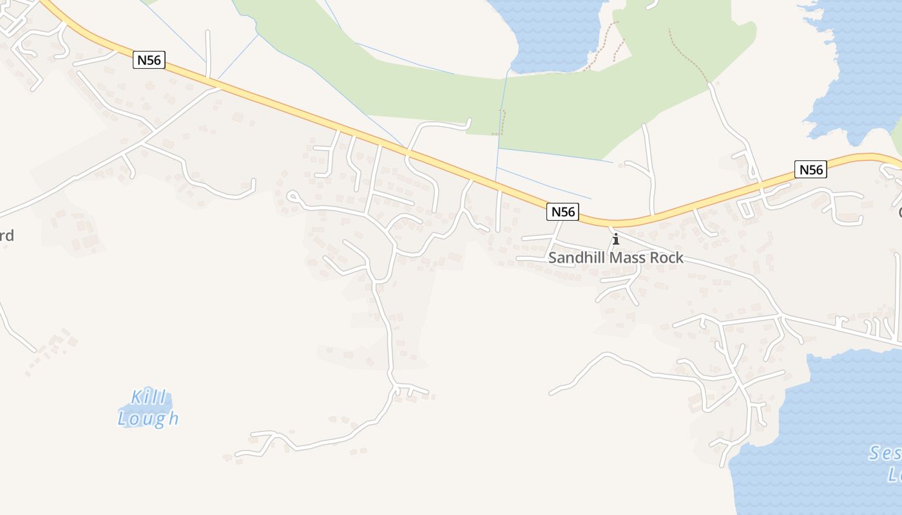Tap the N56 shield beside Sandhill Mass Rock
point(562,211)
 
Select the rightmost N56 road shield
point(811,169)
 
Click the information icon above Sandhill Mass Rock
point(616,239)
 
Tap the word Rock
point(666,258)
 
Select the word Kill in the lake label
point(149,397)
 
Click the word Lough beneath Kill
point(148,418)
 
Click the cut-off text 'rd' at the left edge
point(6,236)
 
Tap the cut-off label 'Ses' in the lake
point(885,454)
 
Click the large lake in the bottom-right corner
point(825,438)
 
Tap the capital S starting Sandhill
point(552,258)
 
